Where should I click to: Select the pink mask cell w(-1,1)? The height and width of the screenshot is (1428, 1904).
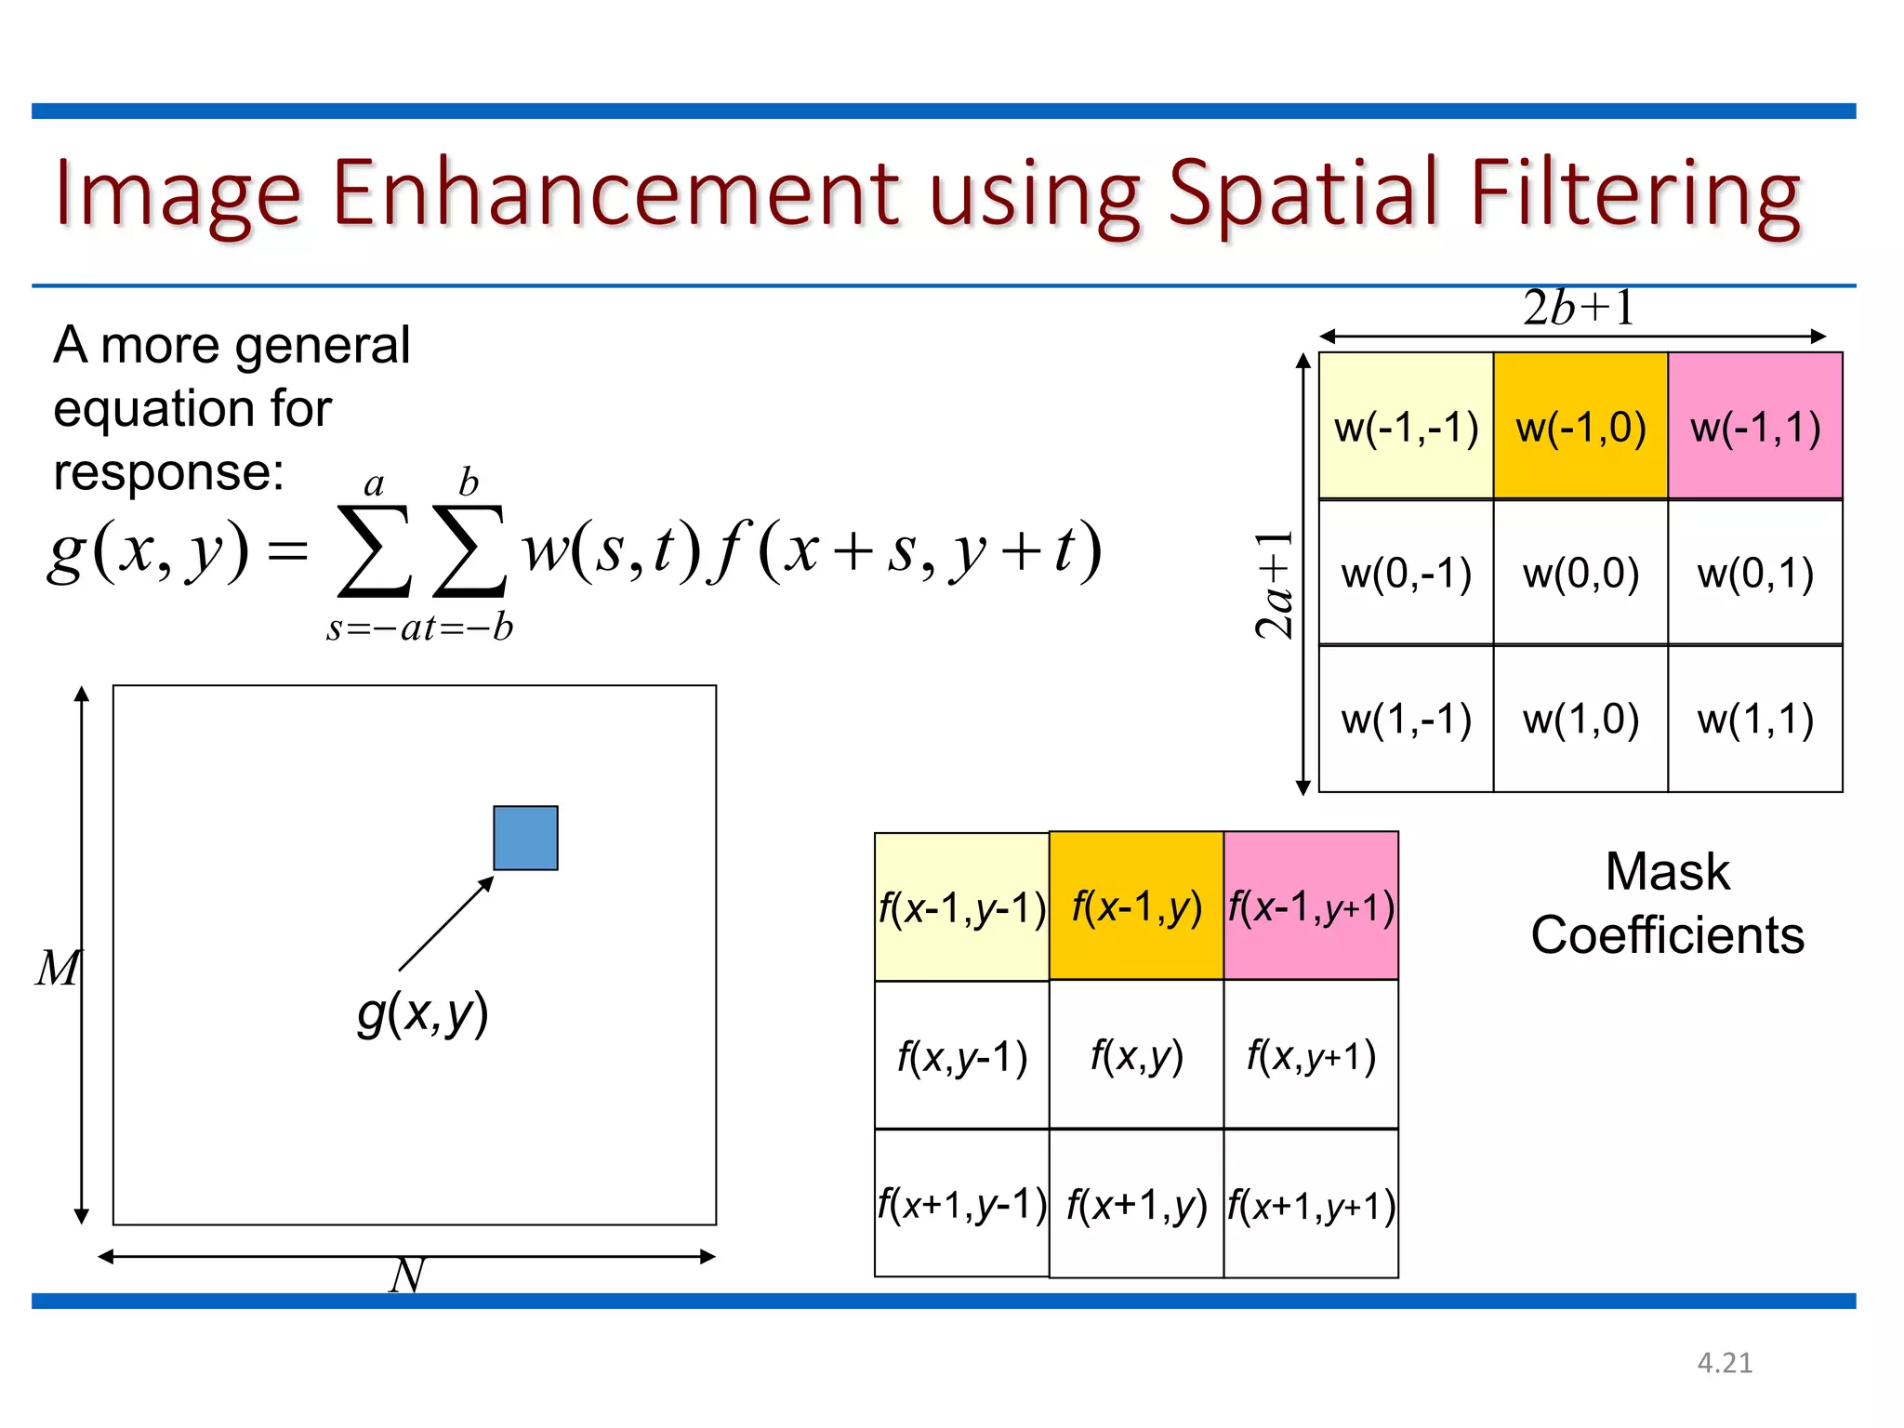[1755, 426]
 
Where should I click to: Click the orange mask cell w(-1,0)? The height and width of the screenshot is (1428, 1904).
[1580, 426]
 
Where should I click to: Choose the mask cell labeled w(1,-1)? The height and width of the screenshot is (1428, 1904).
[1406, 719]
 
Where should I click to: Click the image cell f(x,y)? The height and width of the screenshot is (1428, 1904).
[1136, 1055]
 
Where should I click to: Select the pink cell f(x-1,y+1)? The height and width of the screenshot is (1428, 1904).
[1311, 906]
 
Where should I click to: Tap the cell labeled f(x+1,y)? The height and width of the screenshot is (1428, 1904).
[1136, 1204]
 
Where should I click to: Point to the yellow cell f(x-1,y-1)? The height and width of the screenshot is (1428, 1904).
[962, 906]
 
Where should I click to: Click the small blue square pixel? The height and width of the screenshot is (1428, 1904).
[525, 838]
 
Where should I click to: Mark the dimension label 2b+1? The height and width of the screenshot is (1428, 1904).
[1579, 308]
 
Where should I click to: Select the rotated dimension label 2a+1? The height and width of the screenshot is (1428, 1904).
[1275, 586]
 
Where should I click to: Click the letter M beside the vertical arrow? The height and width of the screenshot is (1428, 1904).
[58, 968]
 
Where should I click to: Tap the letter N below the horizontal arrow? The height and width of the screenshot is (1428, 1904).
[407, 1275]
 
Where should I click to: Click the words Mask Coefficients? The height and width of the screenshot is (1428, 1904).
[1668, 903]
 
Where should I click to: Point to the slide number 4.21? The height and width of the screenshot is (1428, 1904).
[1725, 1363]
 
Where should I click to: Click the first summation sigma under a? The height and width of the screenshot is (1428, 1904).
[374, 550]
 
